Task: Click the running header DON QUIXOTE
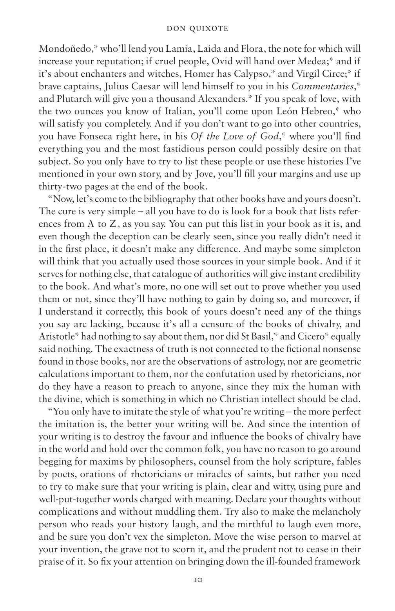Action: click(197, 28)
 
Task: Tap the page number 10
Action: click(197, 580)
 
